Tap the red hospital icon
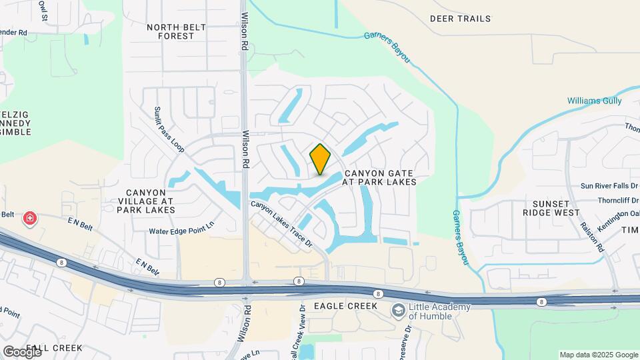coord(29,218)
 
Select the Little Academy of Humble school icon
coord(399,311)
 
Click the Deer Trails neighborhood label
coord(460,19)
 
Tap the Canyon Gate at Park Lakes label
coord(379,177)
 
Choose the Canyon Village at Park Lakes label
coord(145,201)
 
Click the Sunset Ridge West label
coord(551,208)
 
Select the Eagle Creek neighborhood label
coord(346,306)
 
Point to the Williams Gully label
coord(594,101)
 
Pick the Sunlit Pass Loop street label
coord(167,128)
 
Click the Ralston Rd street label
coord(591,237)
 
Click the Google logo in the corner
coord(22,351)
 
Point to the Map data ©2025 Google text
coord(598,355)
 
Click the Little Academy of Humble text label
coord(440,311)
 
